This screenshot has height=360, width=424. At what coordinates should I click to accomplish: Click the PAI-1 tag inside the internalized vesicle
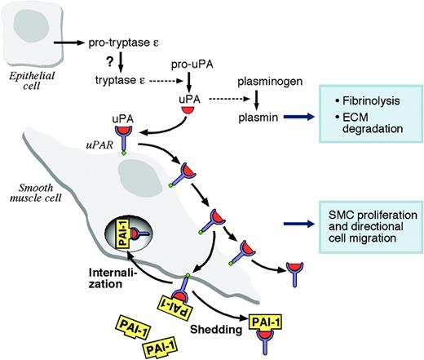(x=129, y=239)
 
